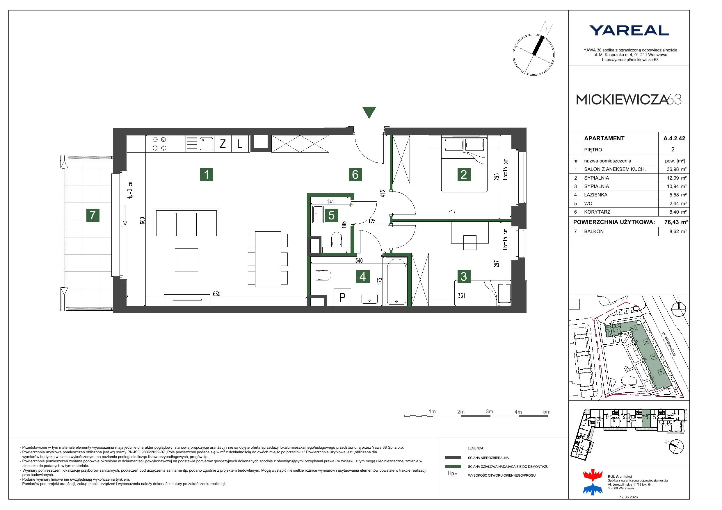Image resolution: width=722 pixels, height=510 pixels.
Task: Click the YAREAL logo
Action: pyautogui.click(x=629, y=31)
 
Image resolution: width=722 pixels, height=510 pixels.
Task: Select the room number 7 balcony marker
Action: pyautogui.click(x=93, y=215)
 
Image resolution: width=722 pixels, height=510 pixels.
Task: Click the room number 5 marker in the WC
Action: pyautogui.click(x=331, y=215)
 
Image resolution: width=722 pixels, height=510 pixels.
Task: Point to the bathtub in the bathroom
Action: pyautogui.click(x=396, y=281)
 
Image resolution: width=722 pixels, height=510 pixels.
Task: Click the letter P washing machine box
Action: pyautogui.click(x=342, y=297)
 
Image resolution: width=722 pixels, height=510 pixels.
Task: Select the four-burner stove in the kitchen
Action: pyautogui.click(x=159, y=144)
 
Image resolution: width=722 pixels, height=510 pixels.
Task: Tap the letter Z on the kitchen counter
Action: pyautogui.click(x=223, y=144)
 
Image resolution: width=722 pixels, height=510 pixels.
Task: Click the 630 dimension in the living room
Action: pyautogui.click(x=217, y=294)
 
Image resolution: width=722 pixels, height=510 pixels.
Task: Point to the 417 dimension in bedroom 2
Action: pyautogui.click(x=452, y=212)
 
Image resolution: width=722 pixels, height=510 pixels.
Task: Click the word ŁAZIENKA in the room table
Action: pyautogui.click(x=596, y=195)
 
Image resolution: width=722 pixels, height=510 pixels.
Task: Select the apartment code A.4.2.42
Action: pyautogui.click(x=674, y=138)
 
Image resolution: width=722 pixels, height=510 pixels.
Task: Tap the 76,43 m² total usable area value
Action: pyautogui.click(x=676, y=222)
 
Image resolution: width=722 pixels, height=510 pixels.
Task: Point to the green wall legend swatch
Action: pyautogui.click(x=453, y=466)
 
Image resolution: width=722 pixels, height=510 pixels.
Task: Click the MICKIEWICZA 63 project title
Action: pyautogui.click(x=629, y=100)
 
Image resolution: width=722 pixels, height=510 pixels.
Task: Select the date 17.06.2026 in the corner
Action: pyautogui.click(x=629, y=497)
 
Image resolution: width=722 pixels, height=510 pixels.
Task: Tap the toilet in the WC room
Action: pyautogui.click(x=337, y=239)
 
